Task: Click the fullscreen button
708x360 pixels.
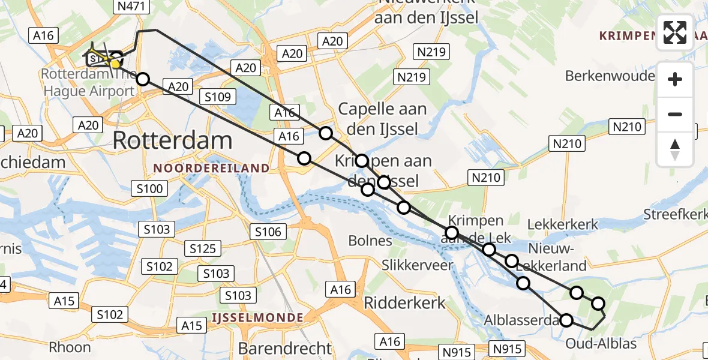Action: pyautogui.click(x=675, y=32)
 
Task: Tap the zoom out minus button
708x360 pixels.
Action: pyautogui.click(x=675, y=114)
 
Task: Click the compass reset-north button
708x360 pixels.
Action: pyautogui.click(x=675, y=149)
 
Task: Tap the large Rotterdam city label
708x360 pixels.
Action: pyautogui.click(x=172, y=141)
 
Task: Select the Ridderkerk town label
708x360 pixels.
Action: pyautogui.click(x=405, y=302)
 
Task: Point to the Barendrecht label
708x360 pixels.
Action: pyautogui.click(x=284, y=348)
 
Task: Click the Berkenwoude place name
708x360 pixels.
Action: pyautogui.click(x=610, y=76)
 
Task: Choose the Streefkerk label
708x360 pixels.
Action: pyautogui.click(x=675, y=214)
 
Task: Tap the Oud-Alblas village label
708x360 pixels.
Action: pyautogui.click(x=601, y=344)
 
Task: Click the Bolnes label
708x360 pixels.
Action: pyautogui.click(x=370, y=241)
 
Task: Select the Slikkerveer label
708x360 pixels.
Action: pyautogui.click(x=418, y=265)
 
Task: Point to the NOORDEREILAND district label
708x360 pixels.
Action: pyautogui.click(x=212, y=169)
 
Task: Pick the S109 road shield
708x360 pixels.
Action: pyautogui.click(x=219, y=97)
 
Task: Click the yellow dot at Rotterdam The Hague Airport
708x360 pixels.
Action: pyautogui.click(x=114, y=64)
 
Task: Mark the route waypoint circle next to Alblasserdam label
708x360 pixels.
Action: pyautogui.click(x=566, y=320)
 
